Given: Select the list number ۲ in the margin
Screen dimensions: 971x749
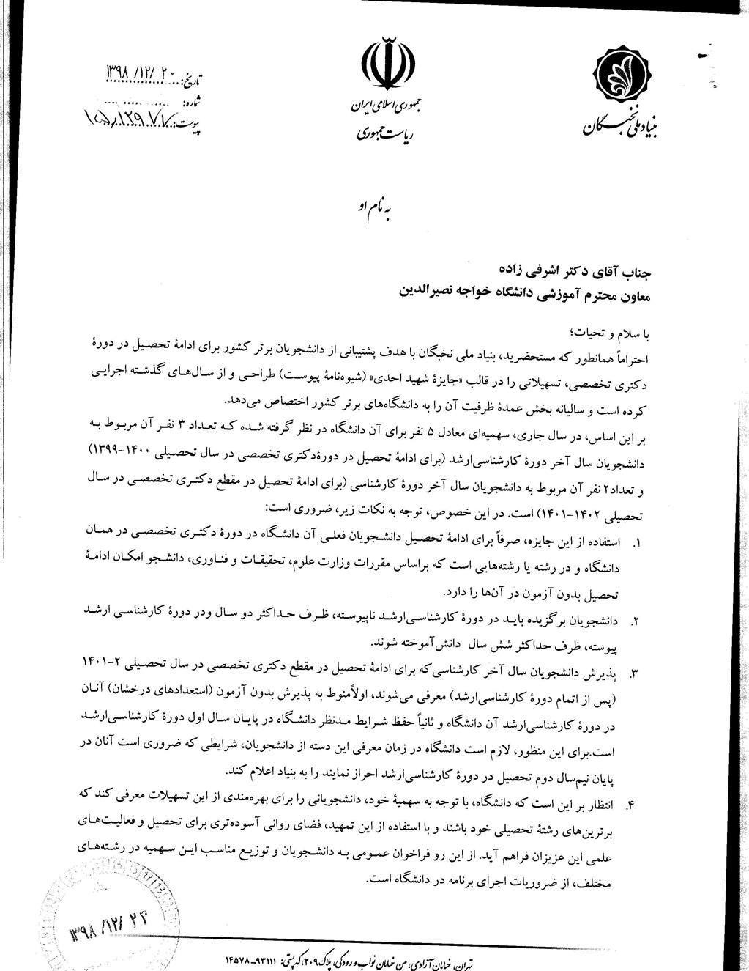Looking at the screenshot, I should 636,621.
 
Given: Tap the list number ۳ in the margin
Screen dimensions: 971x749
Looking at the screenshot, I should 635,672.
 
